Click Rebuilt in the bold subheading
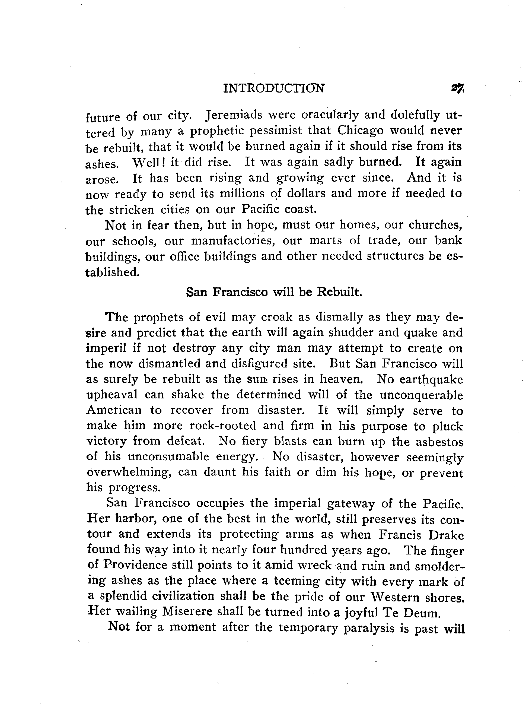pyautogui.click(x=339, y=292)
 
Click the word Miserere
pyautogui.click(x=186, y=612)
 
